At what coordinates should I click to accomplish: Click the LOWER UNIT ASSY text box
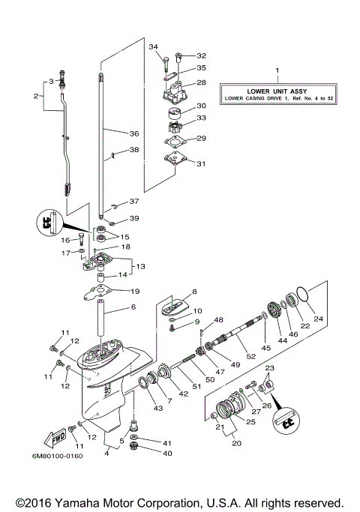(x=277, y=93)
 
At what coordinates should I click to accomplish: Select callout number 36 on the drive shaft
(x=133, y=133)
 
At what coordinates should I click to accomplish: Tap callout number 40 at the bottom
(x=167, y=454)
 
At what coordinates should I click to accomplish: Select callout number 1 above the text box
(x=277, y=70)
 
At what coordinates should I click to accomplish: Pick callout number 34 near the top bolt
(x=154, y=47)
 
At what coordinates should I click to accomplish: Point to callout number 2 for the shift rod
(x=35, y=96)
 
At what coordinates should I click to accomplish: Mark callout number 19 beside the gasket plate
(x=135, y=291)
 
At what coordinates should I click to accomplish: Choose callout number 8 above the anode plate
(x=193, y=291)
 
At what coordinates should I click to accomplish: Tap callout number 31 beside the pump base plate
(x=200, y=164)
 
